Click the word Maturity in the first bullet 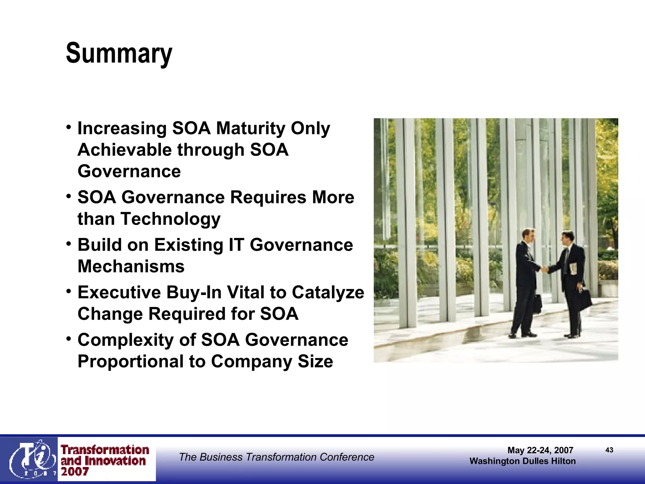click(251, 129)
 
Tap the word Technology click(170, 219)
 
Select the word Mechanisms click(131, 267)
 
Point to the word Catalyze click(328, 292)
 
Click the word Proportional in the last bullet click(130, 361)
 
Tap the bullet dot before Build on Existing click(69, 244)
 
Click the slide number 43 click(609, 450)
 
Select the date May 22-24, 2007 click(540, 450)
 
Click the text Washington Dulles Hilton click(522, 461)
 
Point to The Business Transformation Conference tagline click(277, 457)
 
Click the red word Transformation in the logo click(105, 450)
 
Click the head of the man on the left click(528, 235)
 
